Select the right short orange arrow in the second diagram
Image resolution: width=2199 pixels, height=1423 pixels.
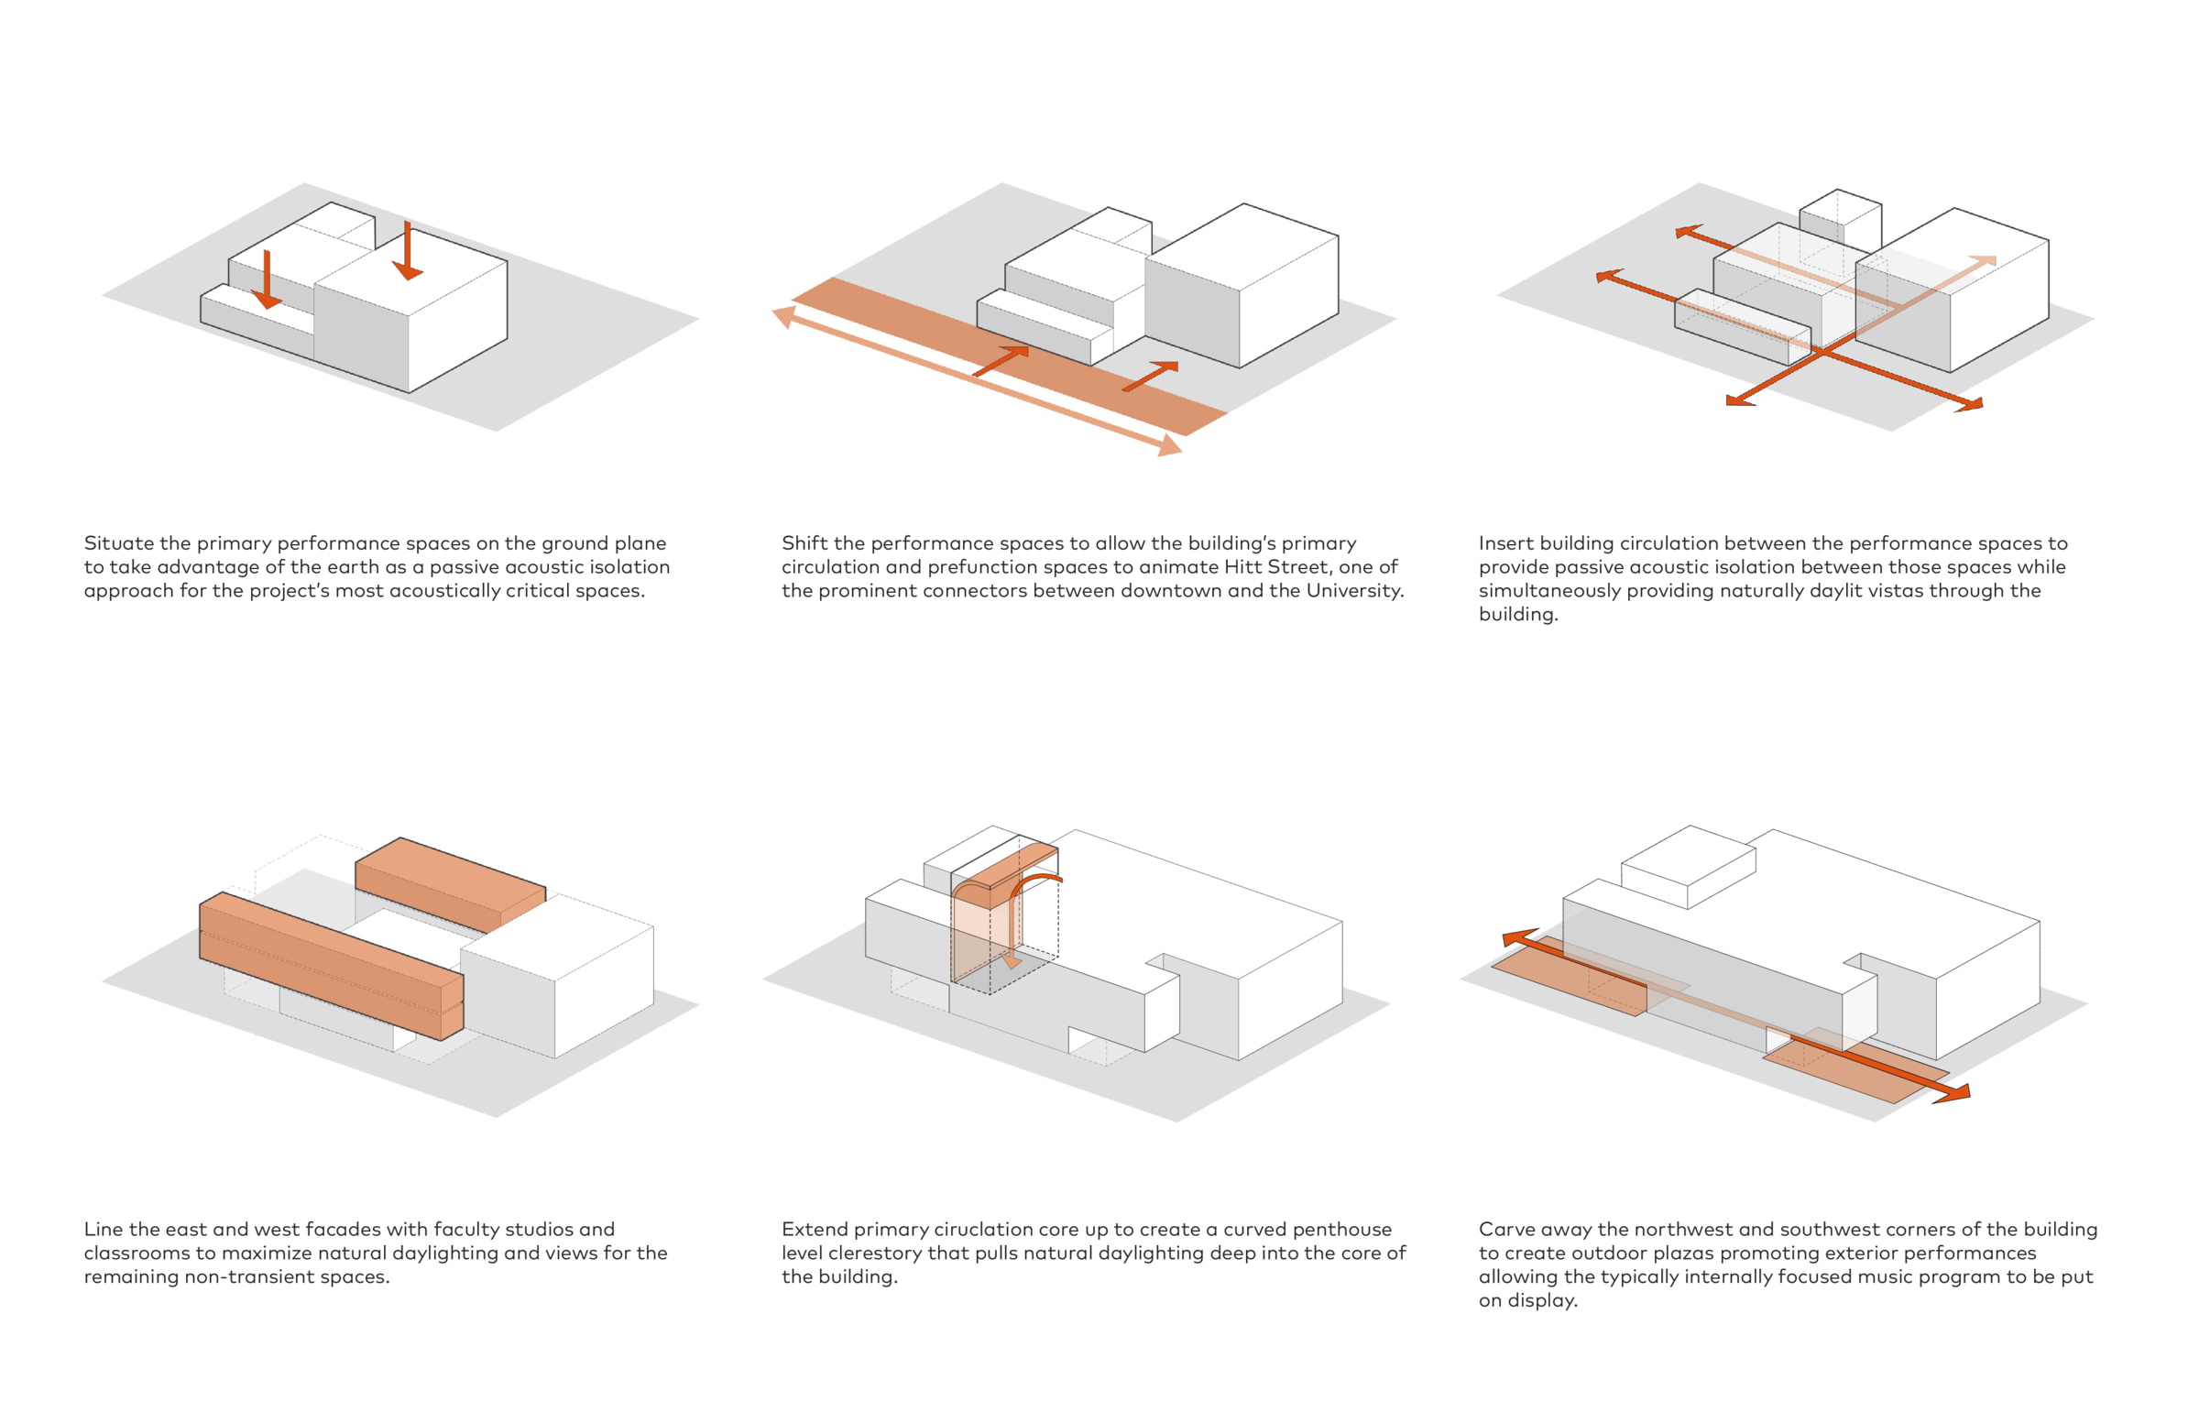(1151, 376)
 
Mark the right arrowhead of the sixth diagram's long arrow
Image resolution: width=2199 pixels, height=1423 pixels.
(1955, 1094)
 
